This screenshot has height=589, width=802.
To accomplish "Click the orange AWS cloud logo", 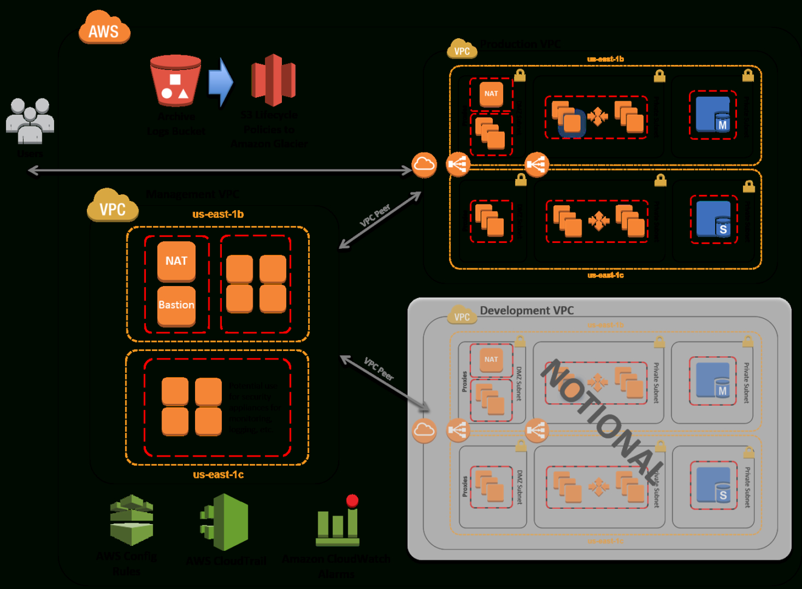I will pos(104,29).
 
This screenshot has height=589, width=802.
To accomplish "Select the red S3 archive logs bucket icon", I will pos(176,81).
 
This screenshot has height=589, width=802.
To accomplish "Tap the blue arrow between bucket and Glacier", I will pos(221,82).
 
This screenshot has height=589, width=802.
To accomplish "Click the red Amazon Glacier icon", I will pos(273,80).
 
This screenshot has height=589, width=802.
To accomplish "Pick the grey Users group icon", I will pos(30,120).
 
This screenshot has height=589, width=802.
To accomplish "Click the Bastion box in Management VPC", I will pos(176,305).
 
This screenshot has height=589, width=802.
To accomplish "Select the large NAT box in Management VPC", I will pos(176,261).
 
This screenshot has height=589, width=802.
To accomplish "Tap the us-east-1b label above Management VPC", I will pos(218,214).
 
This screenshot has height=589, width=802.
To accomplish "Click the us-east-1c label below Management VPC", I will pos(218,475).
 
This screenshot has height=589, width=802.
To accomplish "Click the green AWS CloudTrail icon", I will pos(225,522).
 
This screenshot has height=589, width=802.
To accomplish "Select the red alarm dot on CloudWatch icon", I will pos(352,500).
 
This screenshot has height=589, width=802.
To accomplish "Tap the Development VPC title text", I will pos(527,310).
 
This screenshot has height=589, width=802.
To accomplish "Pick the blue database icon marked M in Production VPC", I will pos(713,115).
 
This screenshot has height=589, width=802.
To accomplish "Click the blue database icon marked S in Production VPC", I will pos(714,219).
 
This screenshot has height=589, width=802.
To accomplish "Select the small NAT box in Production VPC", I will pos(491,94).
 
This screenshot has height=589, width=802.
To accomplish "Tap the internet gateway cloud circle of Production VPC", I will pos(424,165).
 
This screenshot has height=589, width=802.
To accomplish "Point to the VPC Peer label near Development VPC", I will pos(379,369).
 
